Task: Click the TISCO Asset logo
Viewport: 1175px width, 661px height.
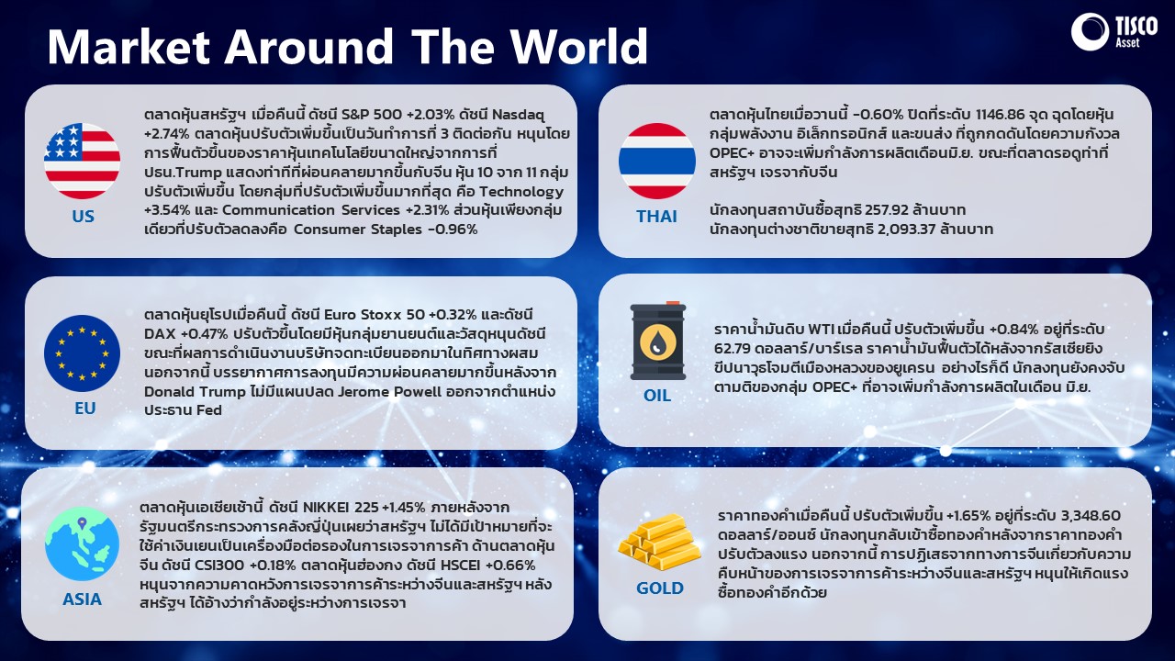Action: [1113, 32]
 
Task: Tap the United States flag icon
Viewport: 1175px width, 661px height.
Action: [83, 161]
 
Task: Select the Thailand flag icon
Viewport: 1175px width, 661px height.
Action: [656, 161]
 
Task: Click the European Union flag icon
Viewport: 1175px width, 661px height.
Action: [83, 353]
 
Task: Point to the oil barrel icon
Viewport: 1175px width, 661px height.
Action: [658, 341]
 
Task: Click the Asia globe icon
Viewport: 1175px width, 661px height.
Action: [82, 543]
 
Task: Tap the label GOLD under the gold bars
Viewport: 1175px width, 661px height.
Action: [660, 588]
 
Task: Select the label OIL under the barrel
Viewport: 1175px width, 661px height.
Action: [657, 395]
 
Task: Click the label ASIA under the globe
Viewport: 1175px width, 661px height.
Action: [82, 599]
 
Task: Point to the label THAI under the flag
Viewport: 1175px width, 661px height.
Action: [656, 216]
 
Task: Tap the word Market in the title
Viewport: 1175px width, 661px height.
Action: [129, 46]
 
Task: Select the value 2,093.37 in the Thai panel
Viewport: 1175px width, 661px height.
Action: [907, 230]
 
